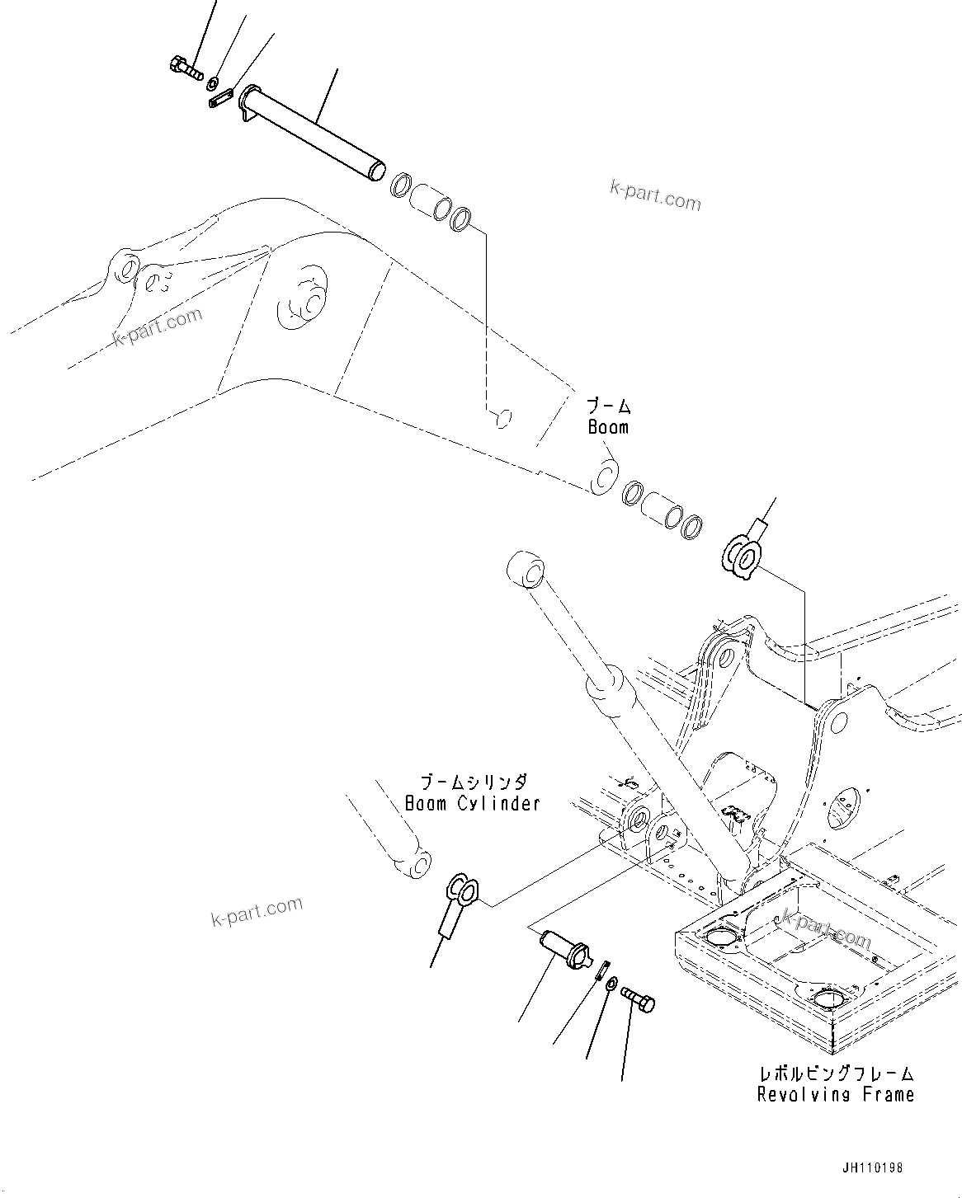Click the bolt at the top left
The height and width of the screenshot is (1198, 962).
pos(186,68)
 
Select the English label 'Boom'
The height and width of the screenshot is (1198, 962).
pos(608,427)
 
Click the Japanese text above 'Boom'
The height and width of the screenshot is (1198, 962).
pos(609,406)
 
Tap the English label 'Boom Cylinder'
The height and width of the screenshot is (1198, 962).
pos(472,802)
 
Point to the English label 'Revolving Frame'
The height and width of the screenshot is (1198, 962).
pos(835,1094)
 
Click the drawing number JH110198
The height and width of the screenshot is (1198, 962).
pos(873,1168)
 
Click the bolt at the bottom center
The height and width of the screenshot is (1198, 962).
pos(638,1002)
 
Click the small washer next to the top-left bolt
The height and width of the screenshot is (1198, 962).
pos(213,82)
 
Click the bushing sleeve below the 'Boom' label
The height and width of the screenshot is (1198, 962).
pos(660,509)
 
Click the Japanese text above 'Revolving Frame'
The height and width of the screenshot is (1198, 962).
pos(836,1074)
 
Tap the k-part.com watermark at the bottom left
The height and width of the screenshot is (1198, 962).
pos(257,911)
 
